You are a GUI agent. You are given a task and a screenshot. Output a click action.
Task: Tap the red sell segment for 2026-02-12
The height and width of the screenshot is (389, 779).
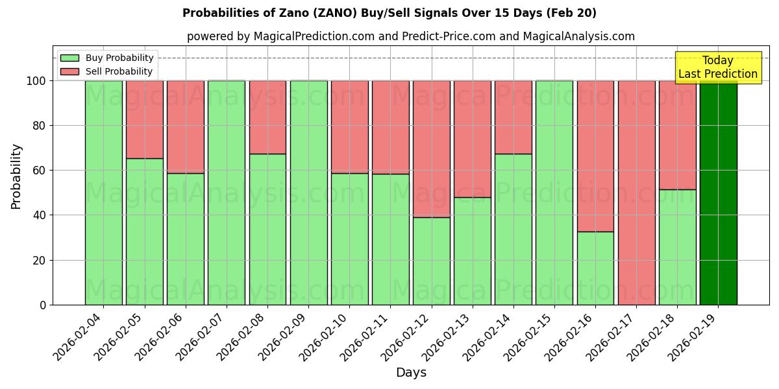(x=431, y=148)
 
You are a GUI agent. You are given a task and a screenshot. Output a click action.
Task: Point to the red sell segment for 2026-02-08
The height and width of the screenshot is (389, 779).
(x=267, y=117)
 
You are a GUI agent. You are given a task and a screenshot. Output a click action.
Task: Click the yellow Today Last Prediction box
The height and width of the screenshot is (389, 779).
(x=717, y=67)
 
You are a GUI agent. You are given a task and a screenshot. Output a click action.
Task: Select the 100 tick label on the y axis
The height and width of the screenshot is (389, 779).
(x=36, y=81)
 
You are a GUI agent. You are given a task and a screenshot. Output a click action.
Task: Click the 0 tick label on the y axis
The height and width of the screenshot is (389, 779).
(x=43, y=305)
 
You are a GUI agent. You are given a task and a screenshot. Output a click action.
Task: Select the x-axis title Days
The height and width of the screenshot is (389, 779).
(x=411, y=373)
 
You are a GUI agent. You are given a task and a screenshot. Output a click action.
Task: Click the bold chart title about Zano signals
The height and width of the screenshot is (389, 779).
(x=389, y=13)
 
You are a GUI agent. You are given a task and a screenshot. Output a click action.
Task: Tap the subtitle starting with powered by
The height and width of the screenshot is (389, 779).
(x=410, y=36)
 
